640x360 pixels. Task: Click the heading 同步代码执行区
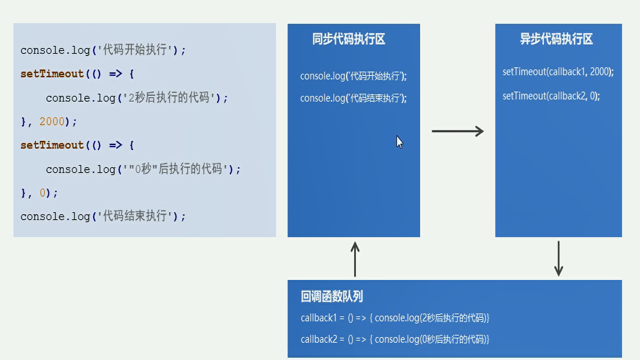tap(349, 39)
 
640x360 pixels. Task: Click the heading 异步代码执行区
tap(556, 39)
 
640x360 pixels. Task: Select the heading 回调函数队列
tap(332, 296)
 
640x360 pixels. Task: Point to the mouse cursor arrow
tap(399, 142)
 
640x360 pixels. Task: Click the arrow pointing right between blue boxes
tap(457, 131)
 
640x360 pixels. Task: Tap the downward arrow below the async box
tap(559, 258)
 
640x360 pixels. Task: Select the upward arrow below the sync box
tap(355, 259)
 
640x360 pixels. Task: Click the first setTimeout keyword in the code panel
tap(52, 74)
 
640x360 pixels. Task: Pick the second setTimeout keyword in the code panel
tap(52, 145)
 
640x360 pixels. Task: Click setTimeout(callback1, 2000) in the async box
tap(557, 72)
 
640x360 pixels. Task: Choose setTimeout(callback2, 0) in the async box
tap(551, 96)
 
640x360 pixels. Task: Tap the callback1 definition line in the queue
tap(395, 318)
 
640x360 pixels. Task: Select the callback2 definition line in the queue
tap(395, 339)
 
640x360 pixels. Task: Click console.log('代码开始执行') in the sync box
tap(353, 76)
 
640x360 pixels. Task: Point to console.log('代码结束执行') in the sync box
tap(353, 98)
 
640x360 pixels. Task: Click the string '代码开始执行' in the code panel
tap(135, 50)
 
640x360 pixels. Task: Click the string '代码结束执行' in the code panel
tap(135, 216)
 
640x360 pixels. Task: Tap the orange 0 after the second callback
tap(42, 193)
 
